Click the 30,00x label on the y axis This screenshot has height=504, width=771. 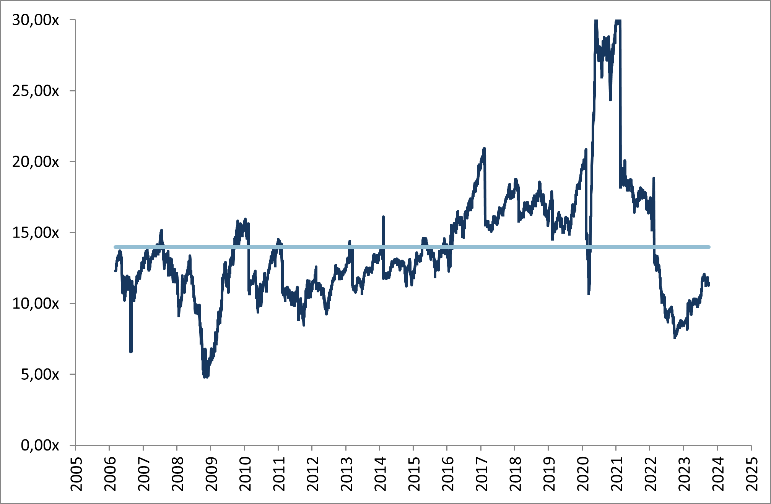coord(36,20)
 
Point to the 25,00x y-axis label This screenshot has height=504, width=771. coord(36,91)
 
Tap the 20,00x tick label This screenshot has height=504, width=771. coord(36,162)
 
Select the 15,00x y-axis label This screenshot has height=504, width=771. coord(36,232)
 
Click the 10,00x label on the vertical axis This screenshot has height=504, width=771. coord(36,304)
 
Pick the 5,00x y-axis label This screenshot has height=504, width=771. coord(40,374)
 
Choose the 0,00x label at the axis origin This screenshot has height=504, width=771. coord(40,445)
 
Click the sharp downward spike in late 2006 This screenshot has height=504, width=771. coord(131,351)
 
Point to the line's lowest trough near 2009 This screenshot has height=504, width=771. coord(206,377)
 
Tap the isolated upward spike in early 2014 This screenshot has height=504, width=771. coord(383,217)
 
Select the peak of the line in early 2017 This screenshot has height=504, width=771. coord(484,148)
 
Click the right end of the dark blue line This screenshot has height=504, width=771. coord(709,284)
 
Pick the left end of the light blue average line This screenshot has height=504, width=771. coord(115,247)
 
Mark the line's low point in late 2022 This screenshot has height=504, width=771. coord(675,337)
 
